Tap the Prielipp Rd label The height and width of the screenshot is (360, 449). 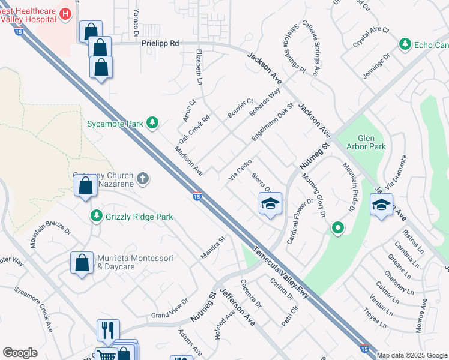(160, 44)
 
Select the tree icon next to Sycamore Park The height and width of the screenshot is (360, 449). (153, 123)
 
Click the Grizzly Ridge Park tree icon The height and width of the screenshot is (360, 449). (95, 216)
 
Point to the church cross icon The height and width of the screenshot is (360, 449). (142, 178)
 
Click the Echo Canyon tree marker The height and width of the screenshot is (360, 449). (406, 45)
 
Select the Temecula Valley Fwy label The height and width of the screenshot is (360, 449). (282, 274)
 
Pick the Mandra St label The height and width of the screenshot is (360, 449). (212, 248)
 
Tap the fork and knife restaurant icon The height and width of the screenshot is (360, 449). (108, 329)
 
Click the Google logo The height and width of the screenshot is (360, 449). (20, 352)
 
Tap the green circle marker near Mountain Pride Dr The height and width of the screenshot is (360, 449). (338, 227)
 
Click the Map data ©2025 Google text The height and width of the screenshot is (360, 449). (412, 355)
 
